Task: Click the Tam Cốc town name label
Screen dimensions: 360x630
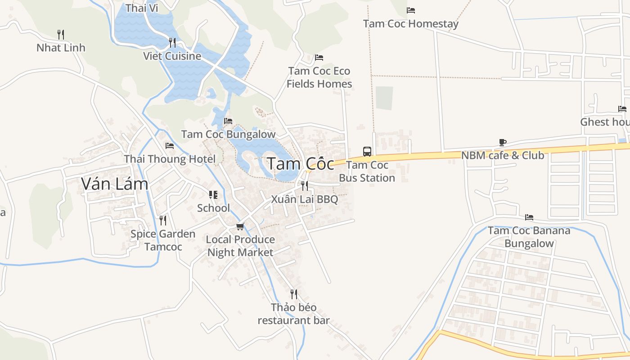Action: (301, 164)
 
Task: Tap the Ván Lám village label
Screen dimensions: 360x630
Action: (114, 184)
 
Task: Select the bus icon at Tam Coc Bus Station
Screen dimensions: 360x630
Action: (367, 151)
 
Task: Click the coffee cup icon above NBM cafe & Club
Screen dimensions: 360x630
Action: (503, 143)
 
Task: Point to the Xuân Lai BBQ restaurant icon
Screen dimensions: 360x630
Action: (305, 185)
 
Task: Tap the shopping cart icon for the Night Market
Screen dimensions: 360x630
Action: (240, 226)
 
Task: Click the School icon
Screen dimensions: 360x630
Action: (213, 195)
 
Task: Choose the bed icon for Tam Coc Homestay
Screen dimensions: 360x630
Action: (411, 10)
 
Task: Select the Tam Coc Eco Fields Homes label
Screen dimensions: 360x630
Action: (319, 77)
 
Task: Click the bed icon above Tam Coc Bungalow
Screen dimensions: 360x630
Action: (228, 121)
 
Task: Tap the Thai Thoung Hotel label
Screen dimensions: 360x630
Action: (170, 159)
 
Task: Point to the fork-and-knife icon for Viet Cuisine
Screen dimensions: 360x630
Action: (172, 43)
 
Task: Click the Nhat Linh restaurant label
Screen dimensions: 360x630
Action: (61, 48)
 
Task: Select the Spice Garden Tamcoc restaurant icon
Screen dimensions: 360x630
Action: (163, 220)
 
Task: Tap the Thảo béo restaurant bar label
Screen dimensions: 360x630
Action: (293, 314)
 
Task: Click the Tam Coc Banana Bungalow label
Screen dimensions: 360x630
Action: (529, 237)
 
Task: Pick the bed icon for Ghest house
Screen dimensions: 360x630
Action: (622, 109)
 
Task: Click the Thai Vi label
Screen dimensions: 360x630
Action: (142, 8)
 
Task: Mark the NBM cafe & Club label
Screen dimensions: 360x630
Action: (503, 156)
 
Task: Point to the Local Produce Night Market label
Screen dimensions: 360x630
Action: (240, 246)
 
